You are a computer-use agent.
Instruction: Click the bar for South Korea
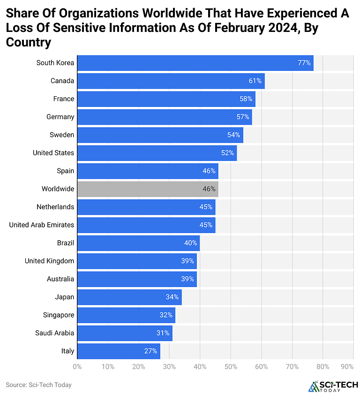[x=195, y=63]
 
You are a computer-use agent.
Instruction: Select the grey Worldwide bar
[x=148, y=189]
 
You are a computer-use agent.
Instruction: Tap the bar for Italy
[x=119, y=351]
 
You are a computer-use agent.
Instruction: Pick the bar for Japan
[x=129, y=297]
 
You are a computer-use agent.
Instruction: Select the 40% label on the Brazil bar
[x=190, y=243]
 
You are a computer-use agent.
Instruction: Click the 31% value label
[x=163, y=333]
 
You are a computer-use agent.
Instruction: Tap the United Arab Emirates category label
[x=41, y=225]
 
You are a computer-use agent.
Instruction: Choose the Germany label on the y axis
[x=60, y=117]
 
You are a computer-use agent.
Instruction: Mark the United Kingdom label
[x=49, y=261]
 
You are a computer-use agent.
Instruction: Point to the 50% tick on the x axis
[x=231, y=366]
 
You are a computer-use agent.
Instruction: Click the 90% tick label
[x=347, y=366]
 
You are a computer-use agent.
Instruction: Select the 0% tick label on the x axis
[x=77, y=366]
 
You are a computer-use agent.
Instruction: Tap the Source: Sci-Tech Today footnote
[x=39, y=385]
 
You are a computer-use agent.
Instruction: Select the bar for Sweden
[x=160, y=135]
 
